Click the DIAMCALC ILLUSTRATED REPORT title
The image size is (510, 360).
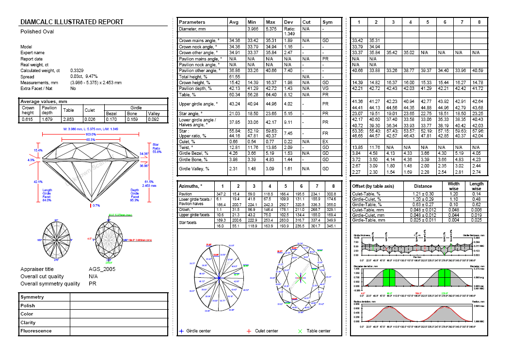71,22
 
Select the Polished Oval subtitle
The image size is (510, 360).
37,32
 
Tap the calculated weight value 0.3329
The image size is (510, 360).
78,71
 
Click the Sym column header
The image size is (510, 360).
327,22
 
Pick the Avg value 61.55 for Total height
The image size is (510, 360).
235,77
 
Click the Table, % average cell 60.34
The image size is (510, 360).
235,95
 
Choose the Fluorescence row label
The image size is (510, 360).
36,331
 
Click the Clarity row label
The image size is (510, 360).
28,322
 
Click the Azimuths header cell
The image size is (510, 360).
191,186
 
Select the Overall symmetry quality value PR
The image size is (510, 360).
93,284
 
